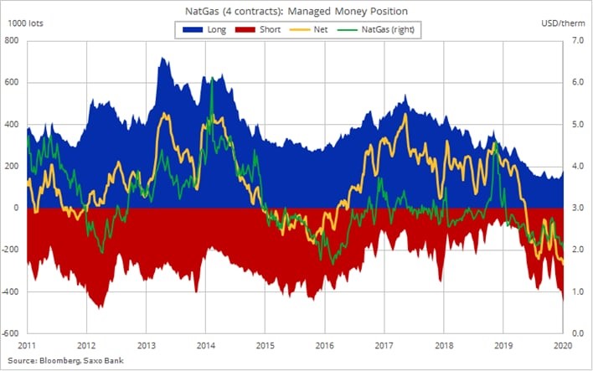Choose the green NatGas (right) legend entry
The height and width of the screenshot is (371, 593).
381,29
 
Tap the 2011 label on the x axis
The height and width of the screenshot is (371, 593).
27,344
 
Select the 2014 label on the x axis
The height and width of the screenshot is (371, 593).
205,344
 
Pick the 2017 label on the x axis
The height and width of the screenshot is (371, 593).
384,344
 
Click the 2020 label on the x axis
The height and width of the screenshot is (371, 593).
562,344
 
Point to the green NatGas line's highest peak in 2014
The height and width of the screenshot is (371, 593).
211,78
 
